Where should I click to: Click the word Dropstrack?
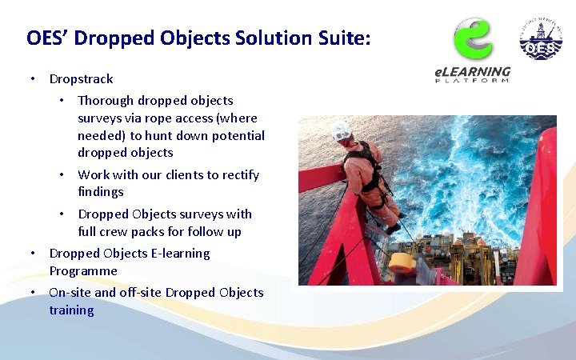tap(81, 79)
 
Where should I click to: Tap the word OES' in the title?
tap(47, 38)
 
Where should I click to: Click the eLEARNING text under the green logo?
tap(472, 72)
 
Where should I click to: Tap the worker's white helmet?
tap(342, 130)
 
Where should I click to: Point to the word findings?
tap(101, 192)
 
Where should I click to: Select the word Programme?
tap(83, 271)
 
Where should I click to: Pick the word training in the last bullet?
tap(71, 310)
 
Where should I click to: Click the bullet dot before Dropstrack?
tap(32, 79)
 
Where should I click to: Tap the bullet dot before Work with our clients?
tap(61, 174)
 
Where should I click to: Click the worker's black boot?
tap(392, 229)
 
